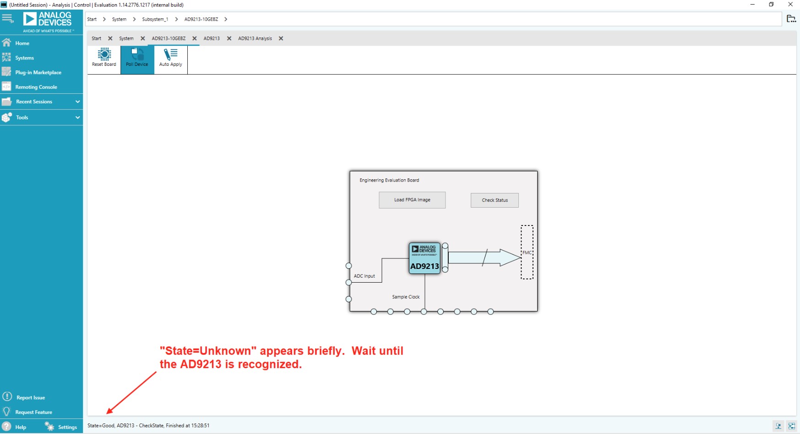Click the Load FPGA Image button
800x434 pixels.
click(x=412, y=200)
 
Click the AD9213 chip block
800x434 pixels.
click(x=424, y=258)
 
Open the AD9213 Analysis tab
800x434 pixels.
click(x=255, y=38)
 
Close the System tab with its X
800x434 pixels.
click(x=143, y=38)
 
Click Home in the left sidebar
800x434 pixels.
click(x=22, y=43)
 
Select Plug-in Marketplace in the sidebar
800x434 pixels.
click(x=38, y=73)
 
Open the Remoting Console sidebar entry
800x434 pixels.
click(x=36, y=87)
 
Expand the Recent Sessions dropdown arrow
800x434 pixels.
click(x=77, y=102)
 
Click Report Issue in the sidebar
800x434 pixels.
click(x=30, y=397)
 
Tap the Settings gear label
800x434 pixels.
click(x=67, y=427)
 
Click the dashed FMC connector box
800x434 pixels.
click(x=527, y=252)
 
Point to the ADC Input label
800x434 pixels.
click(x=364, y=276)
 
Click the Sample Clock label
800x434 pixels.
click(x=406, y=297)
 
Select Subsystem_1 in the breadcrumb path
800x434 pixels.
click(x=155, y=19)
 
